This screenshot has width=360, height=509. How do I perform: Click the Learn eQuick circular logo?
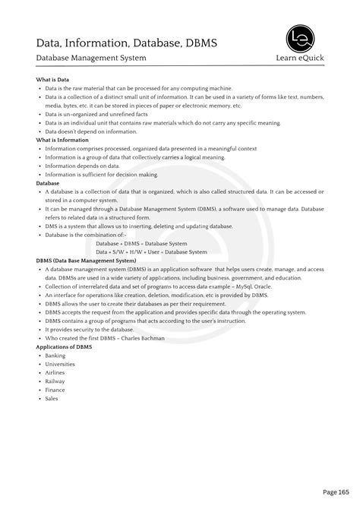[x=302, y=39]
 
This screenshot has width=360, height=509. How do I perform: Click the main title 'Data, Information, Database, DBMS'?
[x=127, y=43]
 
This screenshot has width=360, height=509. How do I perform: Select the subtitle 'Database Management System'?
[x=91, y=58]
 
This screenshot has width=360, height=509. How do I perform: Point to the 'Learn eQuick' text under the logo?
[x=302, y=58]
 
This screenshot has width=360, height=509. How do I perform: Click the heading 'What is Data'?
[x=52, y=80]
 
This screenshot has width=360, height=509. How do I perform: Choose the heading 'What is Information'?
[x=63, y=140]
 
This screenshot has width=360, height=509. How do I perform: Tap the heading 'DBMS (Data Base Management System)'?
[x=87, y=261]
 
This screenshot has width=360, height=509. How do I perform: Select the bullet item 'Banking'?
[x=55, y=356]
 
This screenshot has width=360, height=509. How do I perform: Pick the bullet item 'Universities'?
[x=60, y=364]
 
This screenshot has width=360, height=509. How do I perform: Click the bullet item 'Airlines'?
[x=55, y=373]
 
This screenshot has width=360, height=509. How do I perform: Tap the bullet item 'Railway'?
[x=55, y=381]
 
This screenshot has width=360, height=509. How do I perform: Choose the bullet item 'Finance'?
[x=55, y=390]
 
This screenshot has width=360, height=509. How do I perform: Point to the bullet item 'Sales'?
[x=52, y=399]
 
